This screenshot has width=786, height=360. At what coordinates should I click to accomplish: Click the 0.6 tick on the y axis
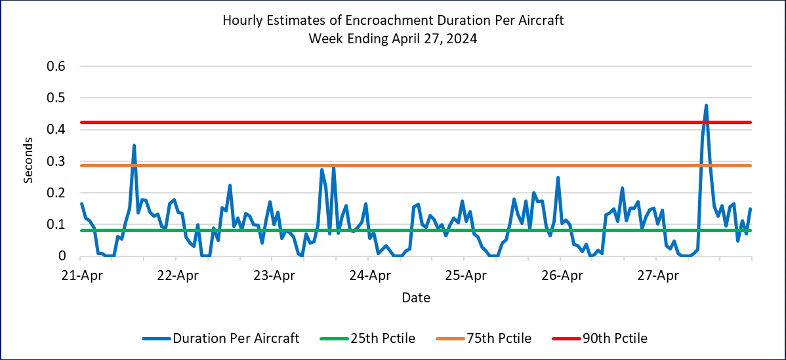click(56, 66)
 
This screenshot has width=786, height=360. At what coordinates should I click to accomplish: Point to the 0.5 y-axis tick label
click(56, 98)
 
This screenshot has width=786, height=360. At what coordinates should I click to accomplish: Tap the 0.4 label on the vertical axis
click(56, 130)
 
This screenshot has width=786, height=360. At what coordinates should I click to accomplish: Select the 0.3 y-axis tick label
click(56, 161)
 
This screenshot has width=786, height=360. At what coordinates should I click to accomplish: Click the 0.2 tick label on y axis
click(56, 193)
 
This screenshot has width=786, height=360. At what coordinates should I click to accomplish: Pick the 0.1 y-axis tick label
click(56, 224)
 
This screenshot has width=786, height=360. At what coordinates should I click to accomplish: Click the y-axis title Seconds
click(29, 161)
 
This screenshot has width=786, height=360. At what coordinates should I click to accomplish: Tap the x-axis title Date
click(416, 298)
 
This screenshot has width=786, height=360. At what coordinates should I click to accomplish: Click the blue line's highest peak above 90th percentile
click(706, 106)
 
